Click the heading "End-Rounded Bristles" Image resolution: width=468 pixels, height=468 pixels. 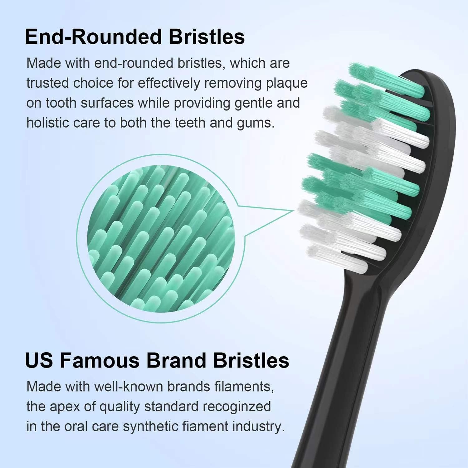(134, 37)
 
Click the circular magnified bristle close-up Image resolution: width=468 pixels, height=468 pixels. (160, 239)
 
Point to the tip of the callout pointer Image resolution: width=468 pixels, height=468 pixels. (294, 211)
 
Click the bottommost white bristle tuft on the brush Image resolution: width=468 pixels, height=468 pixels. (337, 259)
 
